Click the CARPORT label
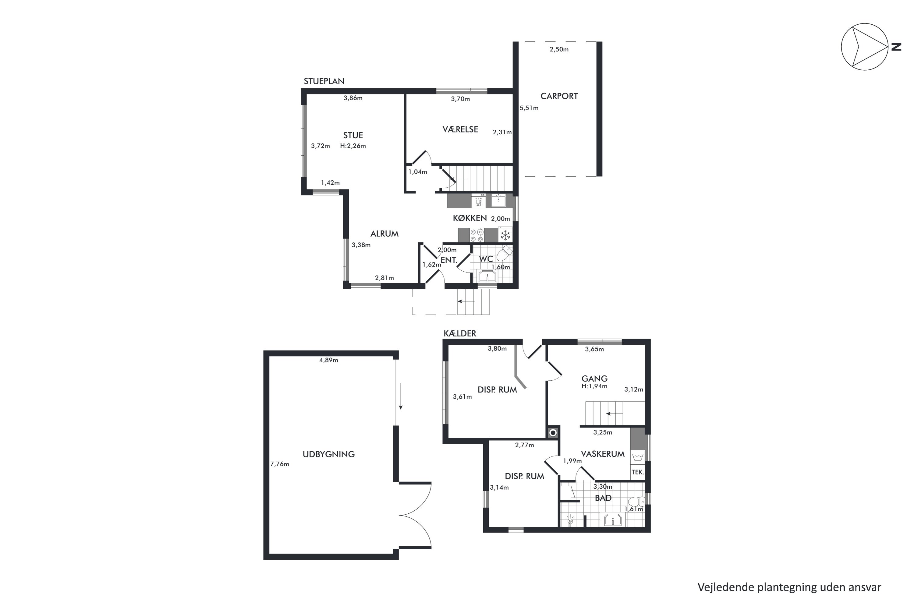click(x=559, y=96)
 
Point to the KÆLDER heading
click(x=460, y=333)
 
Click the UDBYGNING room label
click(x=328, y=454)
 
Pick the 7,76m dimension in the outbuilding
click(x=279, y=464)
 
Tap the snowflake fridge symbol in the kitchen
click(x=505, y=235)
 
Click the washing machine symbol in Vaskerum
click(x=637, y=457)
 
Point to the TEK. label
click(x=638, y=472)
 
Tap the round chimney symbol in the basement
click(x=553, y=433)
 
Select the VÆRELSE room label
click(x=460, y=129)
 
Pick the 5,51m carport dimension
click(x=529, y=108)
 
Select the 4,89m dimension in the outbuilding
click(x=328, y=360)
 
